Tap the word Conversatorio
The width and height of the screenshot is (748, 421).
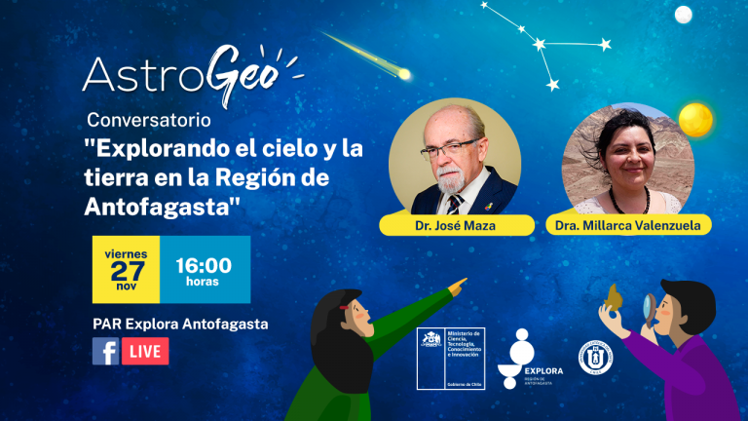[146, 121]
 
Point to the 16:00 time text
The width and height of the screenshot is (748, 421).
[203, 265]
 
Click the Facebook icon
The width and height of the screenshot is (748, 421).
[105, 351]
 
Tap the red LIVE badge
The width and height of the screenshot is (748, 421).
[146, 351]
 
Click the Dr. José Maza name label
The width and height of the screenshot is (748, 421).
[457, 226]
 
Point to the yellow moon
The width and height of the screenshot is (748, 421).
[696, 120]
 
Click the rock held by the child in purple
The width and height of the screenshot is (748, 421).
[615, 296]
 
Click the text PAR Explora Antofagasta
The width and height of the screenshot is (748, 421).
[180, 324]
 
